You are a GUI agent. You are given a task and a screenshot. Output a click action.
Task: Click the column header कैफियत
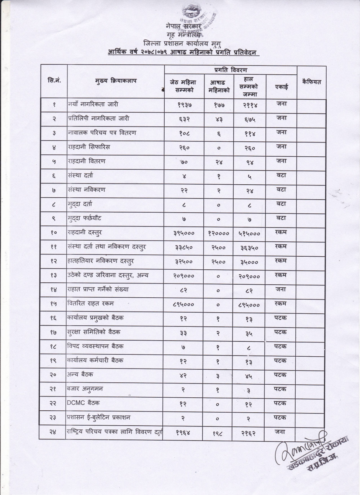[311, 82]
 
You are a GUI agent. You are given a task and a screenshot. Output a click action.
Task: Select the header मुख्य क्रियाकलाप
[116, 81]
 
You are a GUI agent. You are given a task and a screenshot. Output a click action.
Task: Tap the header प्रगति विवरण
[231, 70]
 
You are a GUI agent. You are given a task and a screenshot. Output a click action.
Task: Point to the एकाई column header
[281, 87]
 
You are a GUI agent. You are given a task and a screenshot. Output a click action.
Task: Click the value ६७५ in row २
[249, 119]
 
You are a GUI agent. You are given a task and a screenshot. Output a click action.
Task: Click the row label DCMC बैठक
[84, 403]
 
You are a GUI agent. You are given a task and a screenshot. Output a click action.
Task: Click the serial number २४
[53, 431]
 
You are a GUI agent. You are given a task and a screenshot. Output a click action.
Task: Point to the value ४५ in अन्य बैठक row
[249, 375]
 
